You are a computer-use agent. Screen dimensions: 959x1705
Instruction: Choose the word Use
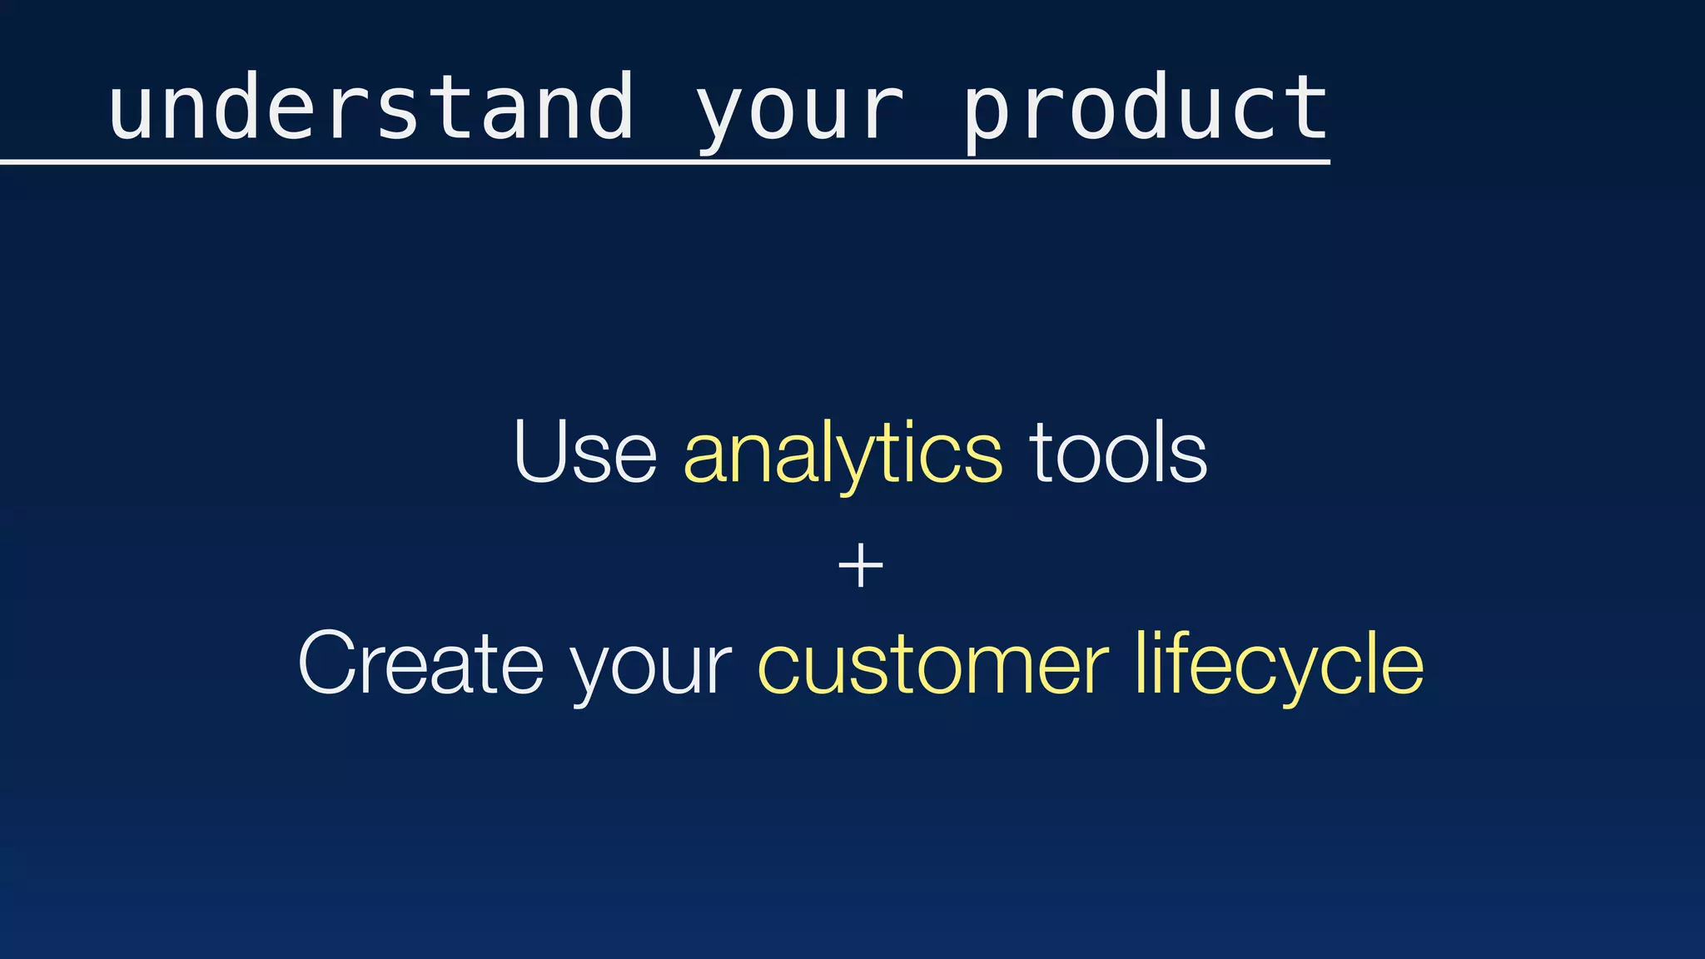pos(585,453)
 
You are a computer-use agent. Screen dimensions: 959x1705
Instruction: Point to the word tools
pos(1118,453)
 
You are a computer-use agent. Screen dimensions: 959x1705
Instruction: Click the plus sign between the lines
pos(860,567)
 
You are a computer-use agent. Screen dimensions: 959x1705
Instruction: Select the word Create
pos(420,663)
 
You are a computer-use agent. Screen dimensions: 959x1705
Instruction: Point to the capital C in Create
pos(329,663)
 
